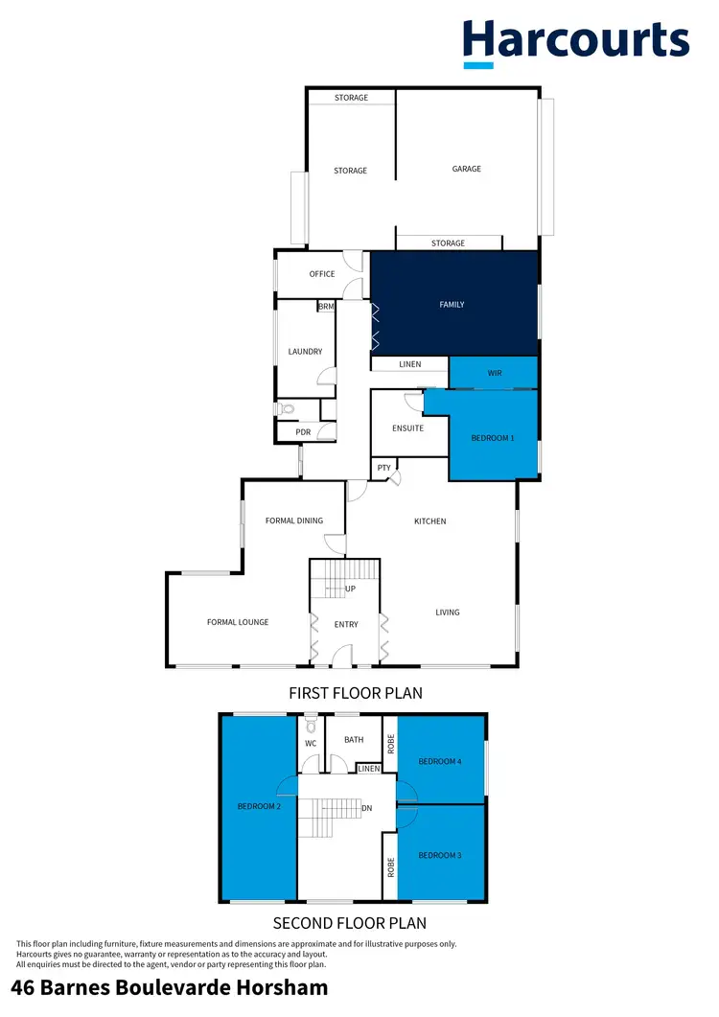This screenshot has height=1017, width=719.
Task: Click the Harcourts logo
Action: [576, 42]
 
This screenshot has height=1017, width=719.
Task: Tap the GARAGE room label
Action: [467, 169]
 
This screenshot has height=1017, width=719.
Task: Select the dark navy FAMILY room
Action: [453, 304]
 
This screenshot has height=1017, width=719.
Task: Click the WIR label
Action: [495, 373]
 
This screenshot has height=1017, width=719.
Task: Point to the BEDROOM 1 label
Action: [493, 438]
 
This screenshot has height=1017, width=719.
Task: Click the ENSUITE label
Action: [408, 428]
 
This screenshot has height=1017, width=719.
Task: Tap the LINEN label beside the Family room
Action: [410, 364]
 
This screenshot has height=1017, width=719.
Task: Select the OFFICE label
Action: [322, 274]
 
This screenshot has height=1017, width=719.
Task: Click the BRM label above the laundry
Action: [327, 307]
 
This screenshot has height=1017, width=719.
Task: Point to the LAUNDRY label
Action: [305, 352]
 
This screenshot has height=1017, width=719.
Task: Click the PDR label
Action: [303, 432]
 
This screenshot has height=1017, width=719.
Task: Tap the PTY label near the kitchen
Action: [383, 468]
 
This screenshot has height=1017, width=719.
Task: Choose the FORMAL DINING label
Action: [293, 520]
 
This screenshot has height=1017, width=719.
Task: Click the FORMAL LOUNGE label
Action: [238, 622]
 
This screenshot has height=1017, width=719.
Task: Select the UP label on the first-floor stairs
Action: [350, 589]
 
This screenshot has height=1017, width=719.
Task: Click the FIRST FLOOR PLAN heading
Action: [356, 692]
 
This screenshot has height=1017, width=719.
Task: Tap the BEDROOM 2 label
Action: [258, 806]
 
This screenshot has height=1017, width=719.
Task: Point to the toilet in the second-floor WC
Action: [310, 724]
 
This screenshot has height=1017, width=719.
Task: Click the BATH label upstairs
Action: [354, 739]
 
